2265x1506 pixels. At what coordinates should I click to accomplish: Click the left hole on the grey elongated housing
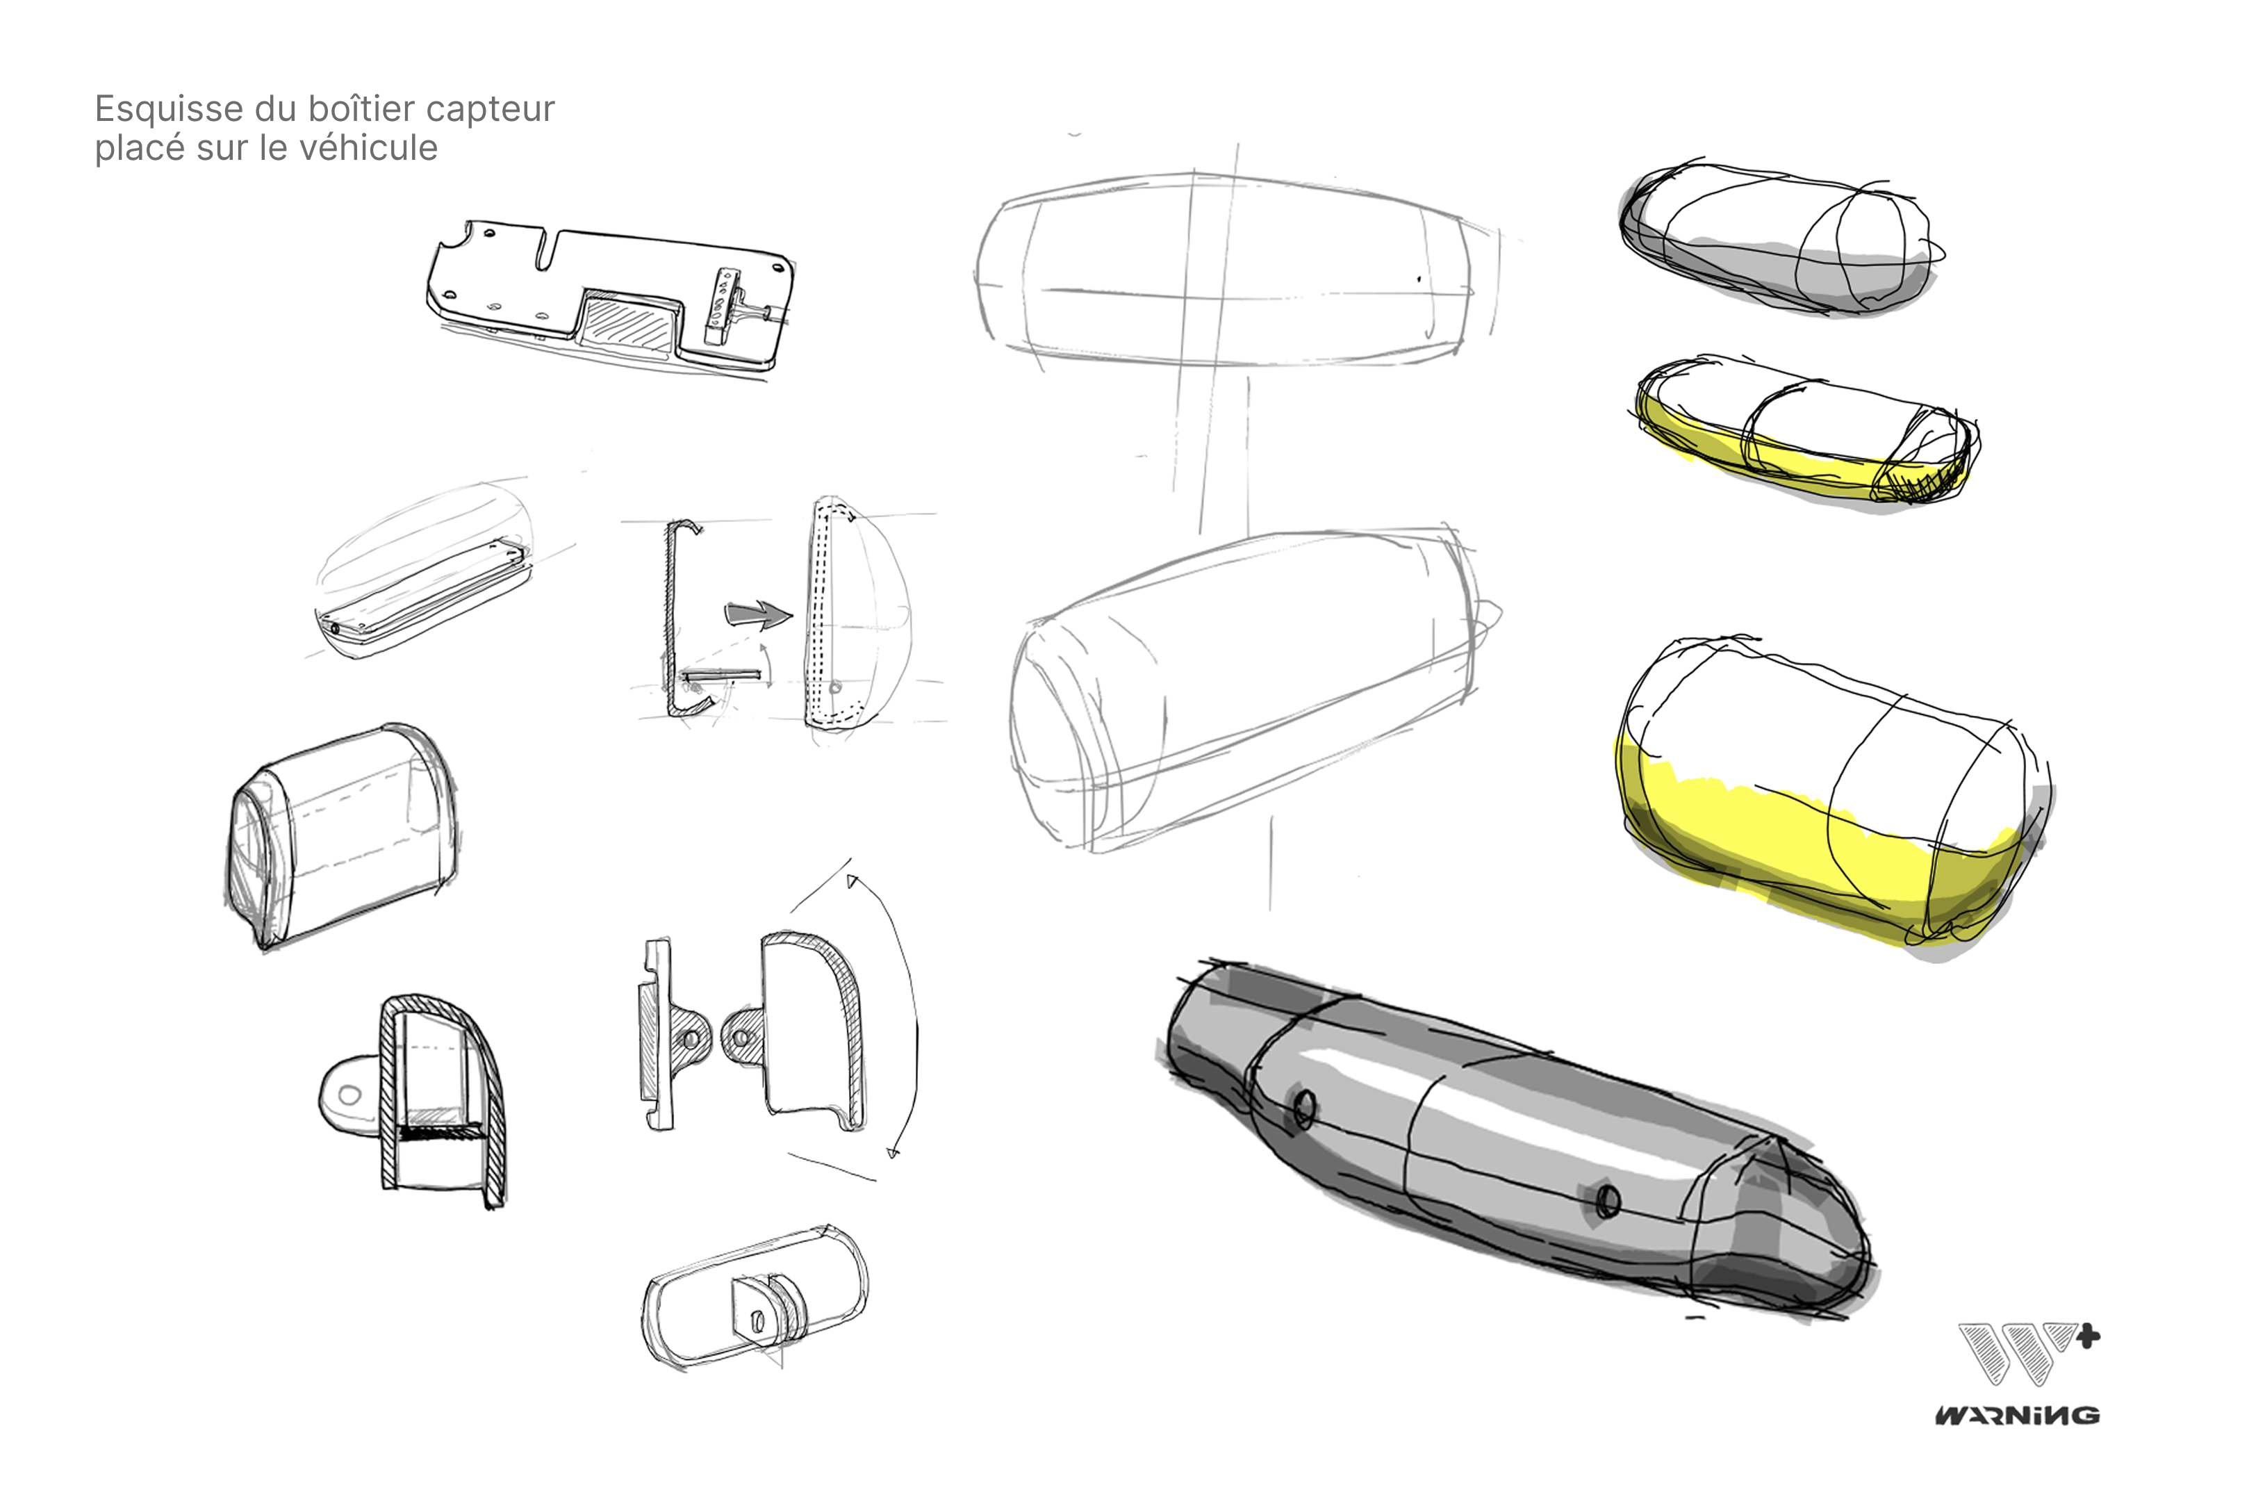1304,1109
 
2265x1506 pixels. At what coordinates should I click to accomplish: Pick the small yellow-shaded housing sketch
1804,432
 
